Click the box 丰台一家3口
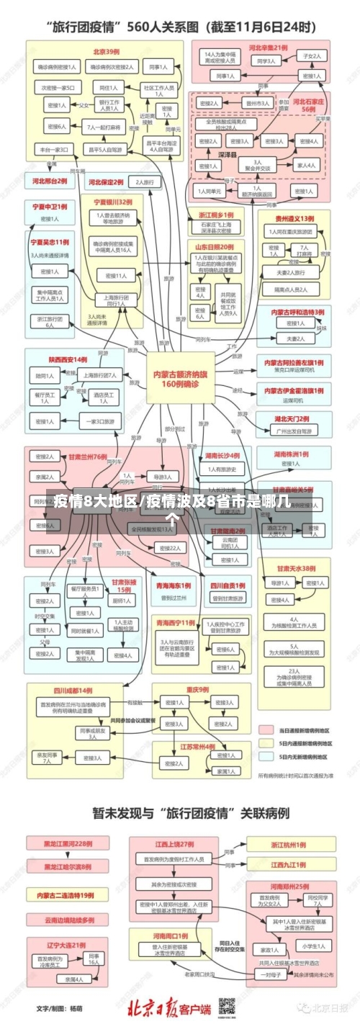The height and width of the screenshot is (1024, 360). point(54,150)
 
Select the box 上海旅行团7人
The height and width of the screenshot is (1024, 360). point(100,375)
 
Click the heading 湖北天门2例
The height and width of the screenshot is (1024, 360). point(292,418)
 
